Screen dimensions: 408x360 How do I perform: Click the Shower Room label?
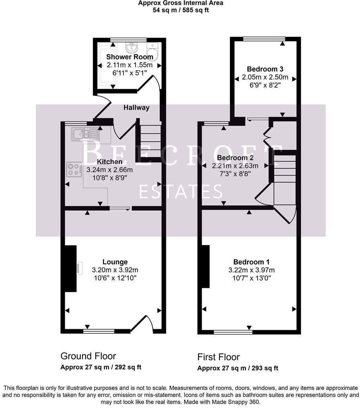click(124, 57)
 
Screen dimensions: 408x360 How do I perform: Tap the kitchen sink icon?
click(85, 134)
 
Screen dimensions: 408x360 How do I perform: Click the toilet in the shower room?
click(152, 51)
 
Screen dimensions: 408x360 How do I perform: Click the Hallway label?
click(136, 108)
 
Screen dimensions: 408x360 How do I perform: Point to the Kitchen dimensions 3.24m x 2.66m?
click(110, 170)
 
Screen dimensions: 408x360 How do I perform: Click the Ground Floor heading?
click(88, 356)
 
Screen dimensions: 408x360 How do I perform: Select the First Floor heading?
click(219, 357)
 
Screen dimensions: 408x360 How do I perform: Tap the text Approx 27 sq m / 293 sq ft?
click(238, 368)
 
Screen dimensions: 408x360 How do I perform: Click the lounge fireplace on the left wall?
click(71, 268)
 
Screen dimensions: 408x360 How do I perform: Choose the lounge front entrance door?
click(143, 323)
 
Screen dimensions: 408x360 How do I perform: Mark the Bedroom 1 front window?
click(233, 332)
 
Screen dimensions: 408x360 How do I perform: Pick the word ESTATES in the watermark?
click(180, 192)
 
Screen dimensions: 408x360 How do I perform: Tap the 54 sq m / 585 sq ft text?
click(180, 10)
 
